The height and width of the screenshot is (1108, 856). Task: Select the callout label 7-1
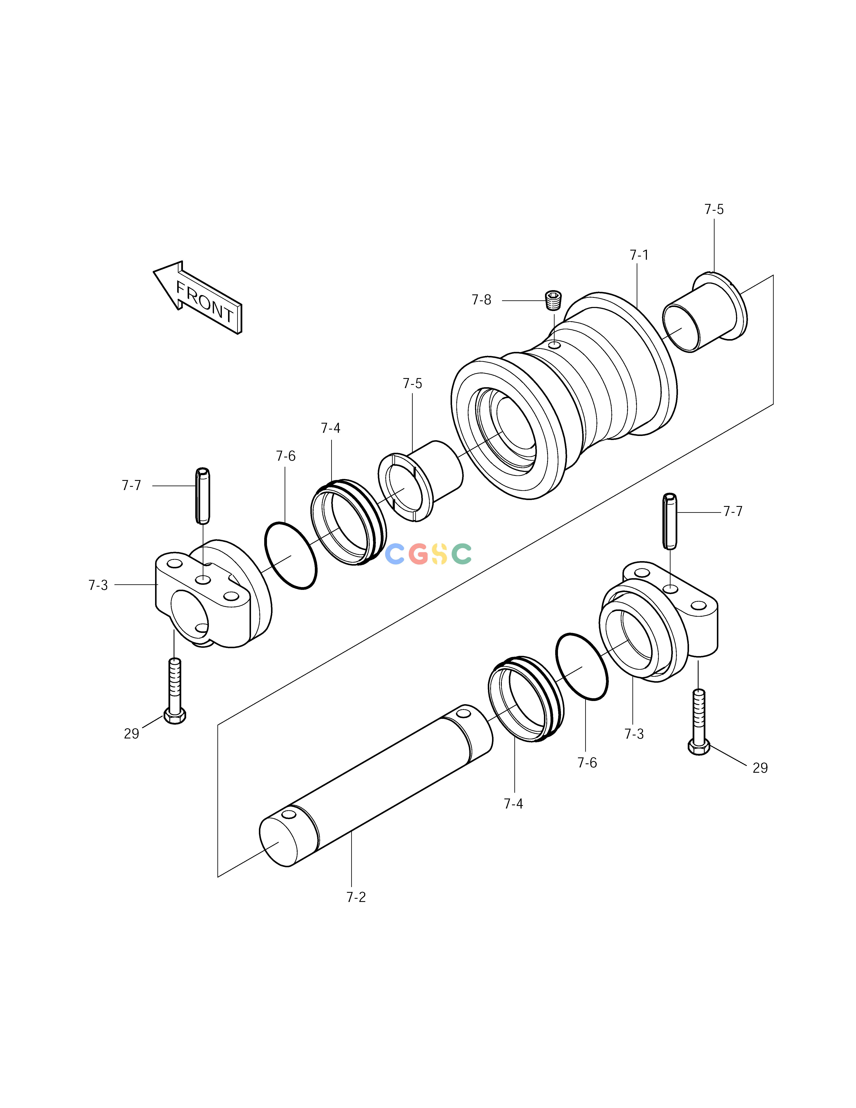639,255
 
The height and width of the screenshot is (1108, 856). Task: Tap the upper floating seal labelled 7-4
348,523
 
